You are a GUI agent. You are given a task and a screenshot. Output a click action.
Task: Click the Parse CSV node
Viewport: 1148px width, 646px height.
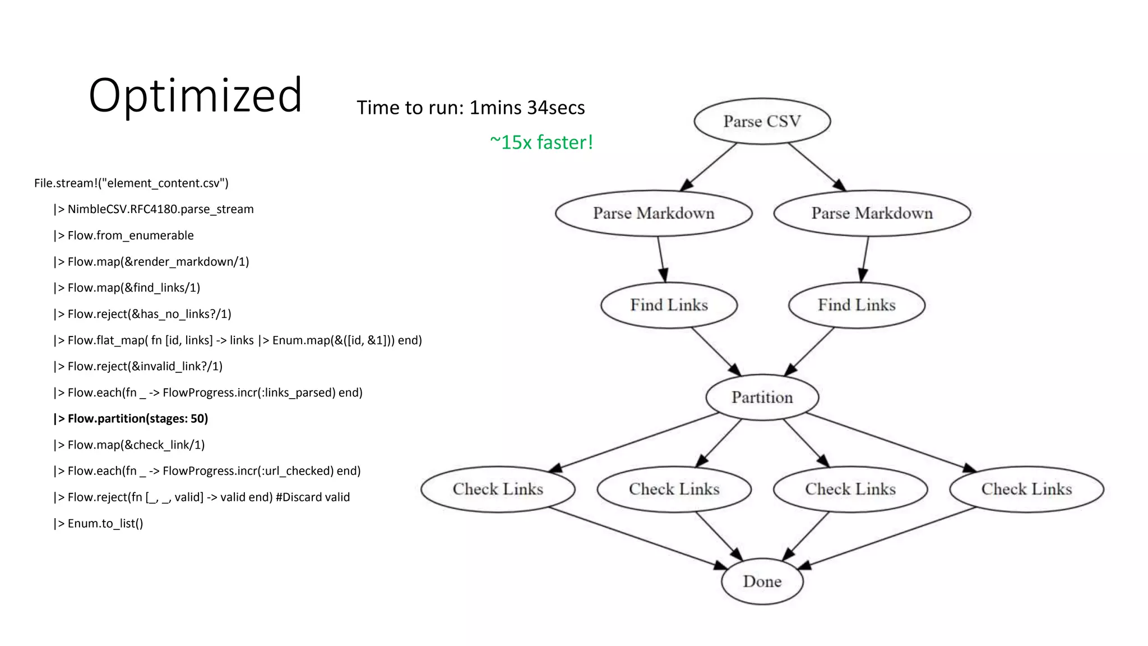coord(762,121)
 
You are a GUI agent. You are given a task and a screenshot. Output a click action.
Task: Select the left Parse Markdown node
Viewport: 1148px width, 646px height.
coord(654,213)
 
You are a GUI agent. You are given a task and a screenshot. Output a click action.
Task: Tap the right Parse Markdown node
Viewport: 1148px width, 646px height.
coord(872,213)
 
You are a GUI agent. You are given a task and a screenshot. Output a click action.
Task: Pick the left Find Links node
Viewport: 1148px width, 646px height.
coord(669,305)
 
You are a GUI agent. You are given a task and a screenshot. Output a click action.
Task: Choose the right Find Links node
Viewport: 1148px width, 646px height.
coord(857,305)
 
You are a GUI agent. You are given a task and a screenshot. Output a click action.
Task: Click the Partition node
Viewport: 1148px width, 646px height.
coord(762,397)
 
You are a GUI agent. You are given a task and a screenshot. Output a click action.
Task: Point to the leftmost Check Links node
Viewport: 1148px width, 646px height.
coord(498,489)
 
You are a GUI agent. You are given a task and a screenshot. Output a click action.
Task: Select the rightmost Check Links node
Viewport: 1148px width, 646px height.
coord(1026,489)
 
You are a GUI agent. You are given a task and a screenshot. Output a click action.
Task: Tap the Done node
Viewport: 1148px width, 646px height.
coord(762,581)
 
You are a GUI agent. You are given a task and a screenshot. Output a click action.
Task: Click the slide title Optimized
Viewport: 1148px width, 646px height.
coord(195,95)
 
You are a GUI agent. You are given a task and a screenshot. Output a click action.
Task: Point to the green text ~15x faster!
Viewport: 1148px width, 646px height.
coord(541,142)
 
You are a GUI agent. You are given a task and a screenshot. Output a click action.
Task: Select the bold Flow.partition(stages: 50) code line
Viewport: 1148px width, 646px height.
coord(131,418)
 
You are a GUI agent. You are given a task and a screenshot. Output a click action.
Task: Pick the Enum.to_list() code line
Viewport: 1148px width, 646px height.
coord(99,523)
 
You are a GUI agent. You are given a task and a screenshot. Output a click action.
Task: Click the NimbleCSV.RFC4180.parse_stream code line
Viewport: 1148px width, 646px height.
coord(154,209)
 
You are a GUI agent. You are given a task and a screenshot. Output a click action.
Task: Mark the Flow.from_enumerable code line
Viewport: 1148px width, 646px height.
coord(124,236)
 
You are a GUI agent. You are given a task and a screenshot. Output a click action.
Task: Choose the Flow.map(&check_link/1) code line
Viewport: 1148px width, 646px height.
coord(129,445)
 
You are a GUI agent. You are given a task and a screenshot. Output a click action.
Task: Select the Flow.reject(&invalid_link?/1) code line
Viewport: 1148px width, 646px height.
coord(138,366)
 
